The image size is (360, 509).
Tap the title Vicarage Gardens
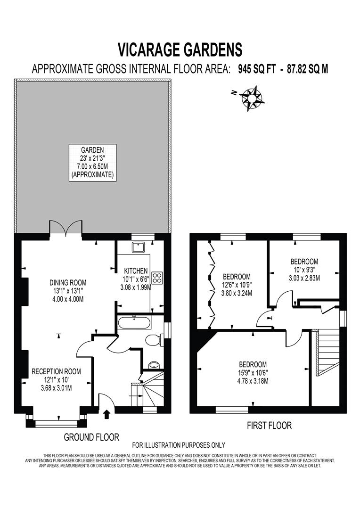click(180, 49)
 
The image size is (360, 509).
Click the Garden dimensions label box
click(92, 161)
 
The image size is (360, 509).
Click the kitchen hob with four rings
click(157, 278)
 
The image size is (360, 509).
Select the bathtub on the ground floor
click(134, 323)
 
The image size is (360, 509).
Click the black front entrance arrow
click(106, 413)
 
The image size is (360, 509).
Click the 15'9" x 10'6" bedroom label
click(253, 372)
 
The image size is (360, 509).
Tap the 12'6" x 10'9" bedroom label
click(237, 284)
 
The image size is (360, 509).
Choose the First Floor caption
click(269, 426)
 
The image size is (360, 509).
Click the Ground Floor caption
click(91, 437)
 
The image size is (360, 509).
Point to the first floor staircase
click(326, 351)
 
